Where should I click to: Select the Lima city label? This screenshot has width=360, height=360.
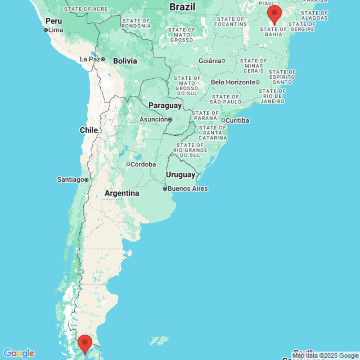[x=55, y=30]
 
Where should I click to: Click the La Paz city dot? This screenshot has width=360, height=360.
[x=103, y=59]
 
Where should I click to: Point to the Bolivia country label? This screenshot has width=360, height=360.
[x=125, y=61]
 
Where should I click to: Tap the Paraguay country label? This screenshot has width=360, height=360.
[x=165, y=105]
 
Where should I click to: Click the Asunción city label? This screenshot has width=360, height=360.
[x=153, y=120]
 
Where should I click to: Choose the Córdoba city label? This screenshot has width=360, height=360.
[x=143, y=165]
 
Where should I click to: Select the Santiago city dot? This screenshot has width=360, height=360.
[x=86, y=179]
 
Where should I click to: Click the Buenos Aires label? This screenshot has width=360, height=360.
[x=188, y=189]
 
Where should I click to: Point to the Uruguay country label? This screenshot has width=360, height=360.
[x=180, y=175]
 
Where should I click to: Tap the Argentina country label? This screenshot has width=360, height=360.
[x=122, y=193]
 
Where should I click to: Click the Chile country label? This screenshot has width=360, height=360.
[x=89, y=130]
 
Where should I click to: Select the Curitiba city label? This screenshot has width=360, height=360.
[x=238, y=120]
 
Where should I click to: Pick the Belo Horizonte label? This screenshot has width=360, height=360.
[x=233, y=82]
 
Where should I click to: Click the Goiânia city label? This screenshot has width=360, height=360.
[x=210, y=61]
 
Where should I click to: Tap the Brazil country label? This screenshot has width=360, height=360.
[x=182, y=6]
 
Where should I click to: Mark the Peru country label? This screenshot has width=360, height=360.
[x=54, y=21]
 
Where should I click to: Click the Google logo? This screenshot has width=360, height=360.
[x=19, y=353]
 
